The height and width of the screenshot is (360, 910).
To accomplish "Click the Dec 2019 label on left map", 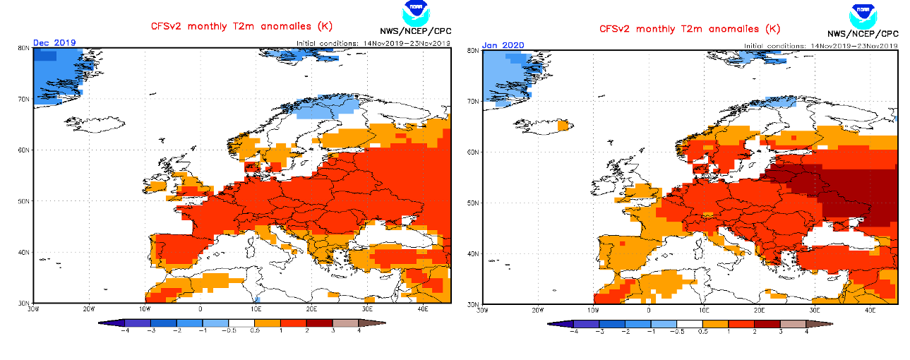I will click(x=54, y=42).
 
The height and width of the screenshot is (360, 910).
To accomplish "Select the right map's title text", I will click(x=690, y=29).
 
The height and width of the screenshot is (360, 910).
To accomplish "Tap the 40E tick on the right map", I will click(x=870, y=310).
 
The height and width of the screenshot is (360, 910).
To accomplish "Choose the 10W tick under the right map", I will click(x=593, y=310).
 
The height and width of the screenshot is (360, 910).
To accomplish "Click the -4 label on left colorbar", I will click(x=124, y=330).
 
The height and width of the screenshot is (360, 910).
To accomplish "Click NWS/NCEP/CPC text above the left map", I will click(x=415, y=31).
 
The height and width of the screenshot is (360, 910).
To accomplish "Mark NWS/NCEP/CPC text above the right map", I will click(x=863, y=33).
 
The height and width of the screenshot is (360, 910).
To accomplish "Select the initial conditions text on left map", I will click(x=373, y=42).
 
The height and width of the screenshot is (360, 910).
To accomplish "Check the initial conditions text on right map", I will click(x=820, y=45).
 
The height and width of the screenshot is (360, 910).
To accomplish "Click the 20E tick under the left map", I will click(x=311, y=308).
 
